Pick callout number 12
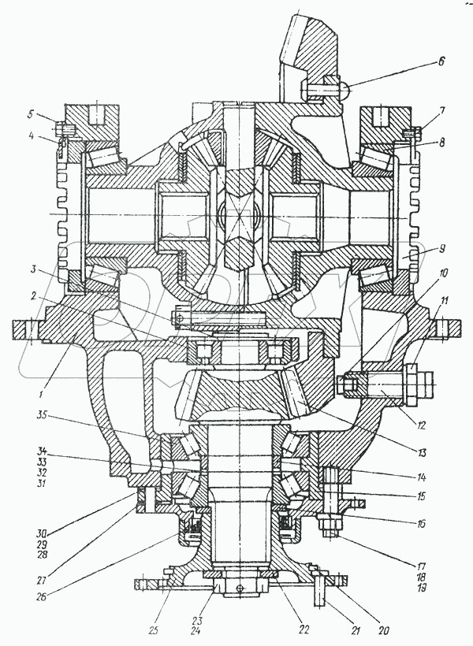point(423,426)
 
